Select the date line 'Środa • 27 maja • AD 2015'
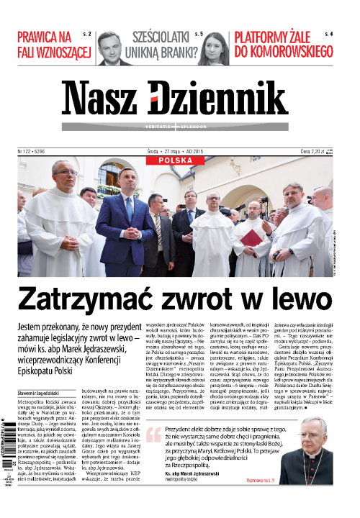180,152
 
